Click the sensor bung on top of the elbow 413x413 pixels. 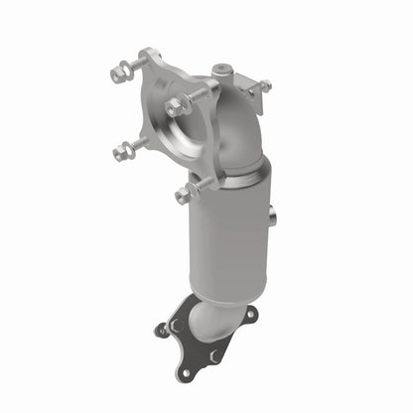222,72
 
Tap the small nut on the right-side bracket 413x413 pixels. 264,86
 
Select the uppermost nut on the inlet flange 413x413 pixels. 120,70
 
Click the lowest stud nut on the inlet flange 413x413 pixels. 185,193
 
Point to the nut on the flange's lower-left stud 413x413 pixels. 123,151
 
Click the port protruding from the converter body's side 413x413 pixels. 271,212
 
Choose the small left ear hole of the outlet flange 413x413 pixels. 162,330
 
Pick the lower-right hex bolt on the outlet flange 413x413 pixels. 212,354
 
